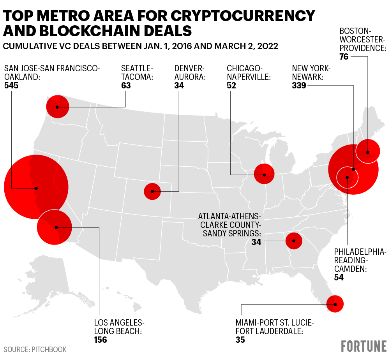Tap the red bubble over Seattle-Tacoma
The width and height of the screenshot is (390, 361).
pos(57,106)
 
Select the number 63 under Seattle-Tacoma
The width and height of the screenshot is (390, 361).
pos(126,85)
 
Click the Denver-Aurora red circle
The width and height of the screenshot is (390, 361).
pos(152,191)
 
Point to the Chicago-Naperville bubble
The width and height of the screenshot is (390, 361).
pos(264,174)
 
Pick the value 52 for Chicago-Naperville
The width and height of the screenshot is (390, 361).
pos(231,85)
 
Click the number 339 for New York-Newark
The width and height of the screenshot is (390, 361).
pos(299,85)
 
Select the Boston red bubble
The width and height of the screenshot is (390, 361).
pos(368,151)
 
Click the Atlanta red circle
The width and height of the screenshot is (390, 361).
pos(293,241)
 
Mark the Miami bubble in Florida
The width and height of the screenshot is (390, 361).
pos(334,304)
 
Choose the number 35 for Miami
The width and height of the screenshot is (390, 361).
pos(240,340)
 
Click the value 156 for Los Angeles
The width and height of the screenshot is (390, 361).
pos(101,340)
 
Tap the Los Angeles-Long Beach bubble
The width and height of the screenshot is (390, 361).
pos(55,227)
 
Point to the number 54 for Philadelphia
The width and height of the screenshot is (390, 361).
pos(339,277)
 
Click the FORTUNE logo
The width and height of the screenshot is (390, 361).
pos(364,346)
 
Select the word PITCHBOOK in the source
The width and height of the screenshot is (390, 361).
pos(48,349)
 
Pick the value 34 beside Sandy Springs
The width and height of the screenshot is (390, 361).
pos(256,242)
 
